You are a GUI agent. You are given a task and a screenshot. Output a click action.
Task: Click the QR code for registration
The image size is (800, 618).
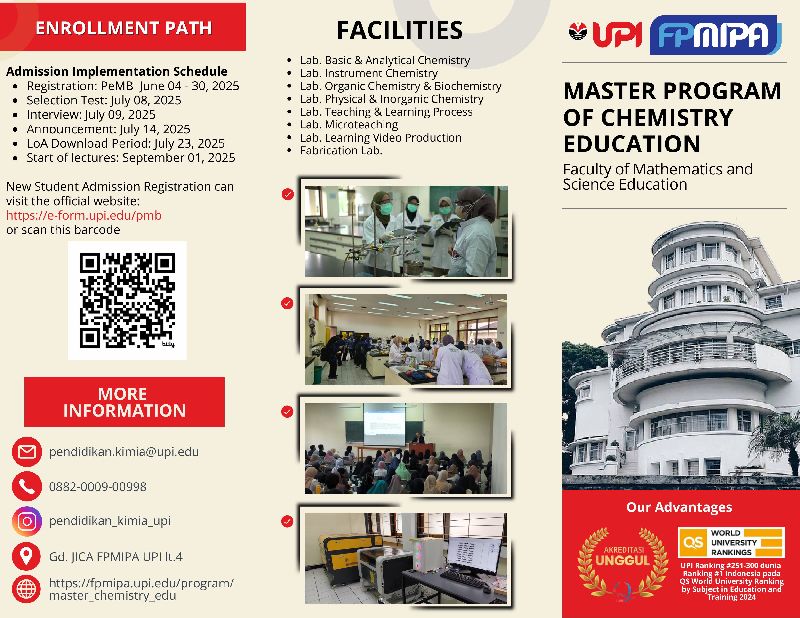point(127,300)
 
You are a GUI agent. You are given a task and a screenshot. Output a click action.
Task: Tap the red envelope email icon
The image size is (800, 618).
point(27,452)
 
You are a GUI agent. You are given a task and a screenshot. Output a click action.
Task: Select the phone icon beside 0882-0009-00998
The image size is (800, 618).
point(27,486)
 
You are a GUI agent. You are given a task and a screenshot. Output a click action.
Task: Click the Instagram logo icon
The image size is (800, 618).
point(27,521)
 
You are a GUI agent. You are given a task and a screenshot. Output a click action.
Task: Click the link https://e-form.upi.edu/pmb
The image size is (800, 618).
point(84,215)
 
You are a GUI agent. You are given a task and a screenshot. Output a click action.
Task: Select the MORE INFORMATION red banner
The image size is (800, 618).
point(125,402)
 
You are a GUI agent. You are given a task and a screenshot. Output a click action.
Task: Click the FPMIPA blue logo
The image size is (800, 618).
point(715,35)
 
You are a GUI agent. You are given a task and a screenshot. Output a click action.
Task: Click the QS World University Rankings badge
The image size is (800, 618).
point(731,542)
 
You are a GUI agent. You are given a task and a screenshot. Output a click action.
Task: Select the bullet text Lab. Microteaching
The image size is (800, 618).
point(349,125)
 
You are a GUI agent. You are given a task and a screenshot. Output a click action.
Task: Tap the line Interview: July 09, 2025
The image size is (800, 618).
point(91,115)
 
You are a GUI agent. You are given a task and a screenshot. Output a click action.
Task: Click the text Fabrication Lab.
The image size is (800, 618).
point(341,151)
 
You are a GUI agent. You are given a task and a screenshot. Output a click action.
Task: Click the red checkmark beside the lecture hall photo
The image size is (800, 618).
point(287,412)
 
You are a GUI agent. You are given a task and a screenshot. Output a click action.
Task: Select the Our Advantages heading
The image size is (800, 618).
point(679,507)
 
